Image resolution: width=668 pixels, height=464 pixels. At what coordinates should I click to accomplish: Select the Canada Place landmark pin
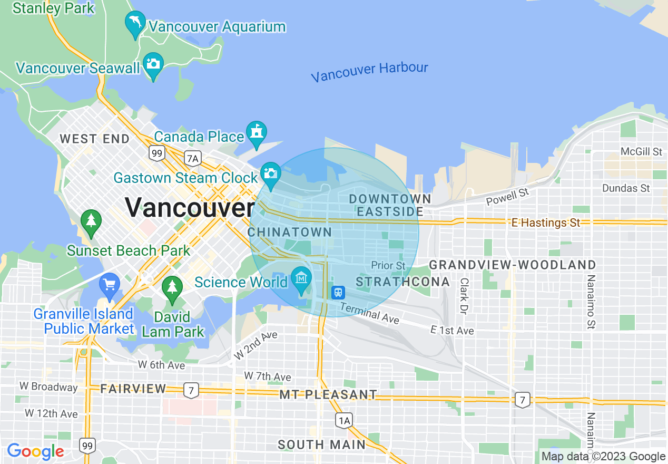click(257, 132)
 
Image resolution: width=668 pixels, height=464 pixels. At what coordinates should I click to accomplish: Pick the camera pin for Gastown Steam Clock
click(271, 174)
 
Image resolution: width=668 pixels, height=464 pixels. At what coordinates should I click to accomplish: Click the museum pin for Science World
click(301, 278)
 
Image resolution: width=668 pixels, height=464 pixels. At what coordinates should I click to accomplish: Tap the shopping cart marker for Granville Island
click(109, 285)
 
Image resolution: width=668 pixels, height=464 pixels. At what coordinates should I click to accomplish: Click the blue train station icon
click(338, 292)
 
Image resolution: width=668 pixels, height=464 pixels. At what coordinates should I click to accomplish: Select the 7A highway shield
click(193, 158)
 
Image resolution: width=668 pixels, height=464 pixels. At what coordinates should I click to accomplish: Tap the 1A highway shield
click(343, 420)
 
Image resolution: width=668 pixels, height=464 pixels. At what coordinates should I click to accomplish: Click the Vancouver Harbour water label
click(369, 72)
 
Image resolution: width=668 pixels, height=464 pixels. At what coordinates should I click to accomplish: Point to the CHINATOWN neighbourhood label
click(290, 233)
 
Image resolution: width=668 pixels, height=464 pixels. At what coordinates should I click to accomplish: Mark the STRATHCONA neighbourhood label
click(403, 282)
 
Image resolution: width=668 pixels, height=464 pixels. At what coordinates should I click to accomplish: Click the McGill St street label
click(641, 152)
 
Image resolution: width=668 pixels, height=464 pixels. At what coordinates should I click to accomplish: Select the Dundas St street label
click(626, 188)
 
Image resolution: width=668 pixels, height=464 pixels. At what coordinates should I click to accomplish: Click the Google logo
click(35, 452)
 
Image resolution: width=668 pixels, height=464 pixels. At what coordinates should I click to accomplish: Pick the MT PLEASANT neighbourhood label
click(328, 394)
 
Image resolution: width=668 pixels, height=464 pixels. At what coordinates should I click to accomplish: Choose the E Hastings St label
click(546, 223)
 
